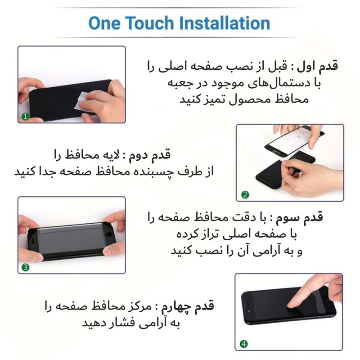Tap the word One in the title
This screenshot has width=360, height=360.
click(x=104, y=22)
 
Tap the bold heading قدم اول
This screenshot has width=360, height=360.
click(x=321, y=67)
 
